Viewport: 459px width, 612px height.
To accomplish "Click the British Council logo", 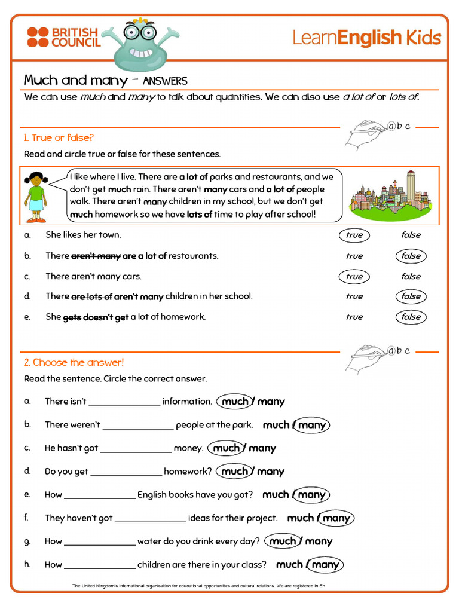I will [63, 37].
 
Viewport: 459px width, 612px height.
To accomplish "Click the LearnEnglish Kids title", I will [366, 38].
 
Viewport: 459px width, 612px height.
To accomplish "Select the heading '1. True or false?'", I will [59, 138].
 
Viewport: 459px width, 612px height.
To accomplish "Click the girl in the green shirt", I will [36, 197].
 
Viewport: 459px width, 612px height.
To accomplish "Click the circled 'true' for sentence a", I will [354, 235].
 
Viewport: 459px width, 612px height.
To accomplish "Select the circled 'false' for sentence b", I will [411, 256].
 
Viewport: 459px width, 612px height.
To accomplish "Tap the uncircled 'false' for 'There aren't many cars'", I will [411, 276].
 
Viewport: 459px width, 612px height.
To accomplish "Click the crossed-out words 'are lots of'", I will [91, 296].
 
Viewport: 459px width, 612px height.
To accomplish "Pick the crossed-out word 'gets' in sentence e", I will [71, 317].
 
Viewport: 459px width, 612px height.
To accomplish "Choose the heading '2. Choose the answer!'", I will [74, 362].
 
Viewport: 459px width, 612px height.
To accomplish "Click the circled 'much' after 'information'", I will [235, 402].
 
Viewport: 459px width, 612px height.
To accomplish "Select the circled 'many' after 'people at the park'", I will [312, 425].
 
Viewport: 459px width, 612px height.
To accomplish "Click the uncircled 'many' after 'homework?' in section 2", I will [271, 472].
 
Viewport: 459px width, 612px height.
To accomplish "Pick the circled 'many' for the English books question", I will [311, 495].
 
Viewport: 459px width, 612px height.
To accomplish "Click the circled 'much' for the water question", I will [283, 541].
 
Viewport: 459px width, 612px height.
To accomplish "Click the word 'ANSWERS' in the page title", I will [165, 81].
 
